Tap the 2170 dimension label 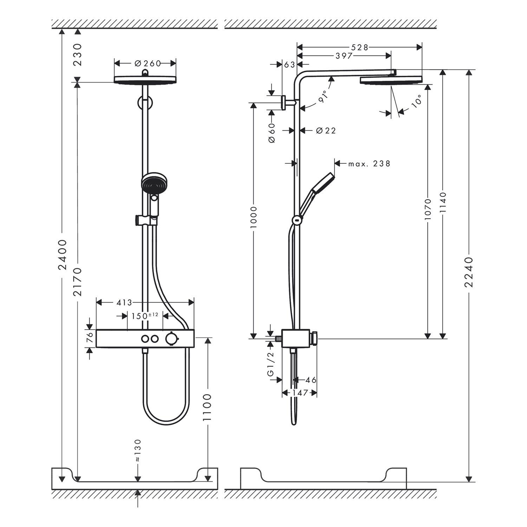pyautogui.click(x=78, y=282)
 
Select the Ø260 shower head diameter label pyautogui.click(x=148, y=63)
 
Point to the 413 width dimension pyautogui.click(x=124, y=302)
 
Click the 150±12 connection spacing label pyautogui.click(x=145, y=315)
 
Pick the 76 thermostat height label pyautogui.click(x=90, y=338)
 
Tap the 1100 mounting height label pyautogui.click(x=208, y=408)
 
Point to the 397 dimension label pyautogui.click(x=344, y=56)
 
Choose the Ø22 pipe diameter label pyautogui.click(x=326, y=131)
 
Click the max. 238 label pyautogui.click(x=369, y=164)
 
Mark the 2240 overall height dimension pyautogui.click(x=469, y=272)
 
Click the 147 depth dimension pyautogui.click(x=300, y=392)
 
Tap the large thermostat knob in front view pyautogui.click(x=172, y=339)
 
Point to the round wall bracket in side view pyautogui.click(x=285, y=103)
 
